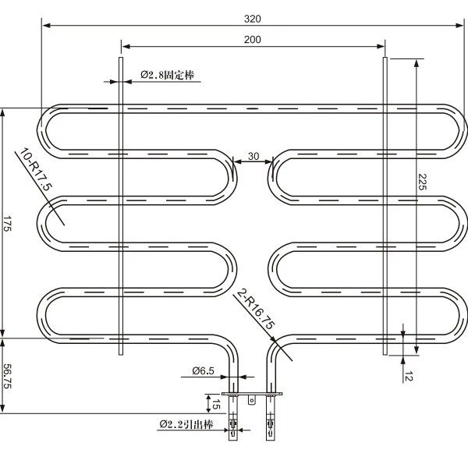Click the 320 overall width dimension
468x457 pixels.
coord(253,19)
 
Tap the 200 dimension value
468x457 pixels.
coord(253,40)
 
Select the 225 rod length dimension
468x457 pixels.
coord(422,182)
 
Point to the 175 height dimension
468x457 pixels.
coord(7,223)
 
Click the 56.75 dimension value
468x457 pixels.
coord(7,376)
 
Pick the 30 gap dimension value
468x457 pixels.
coord(253,156)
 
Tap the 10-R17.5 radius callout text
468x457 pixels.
coord(36,169)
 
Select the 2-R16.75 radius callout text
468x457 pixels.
coord(255,310)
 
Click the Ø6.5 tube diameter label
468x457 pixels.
coord(204,370)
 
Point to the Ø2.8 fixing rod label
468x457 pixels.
coord(168,75)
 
